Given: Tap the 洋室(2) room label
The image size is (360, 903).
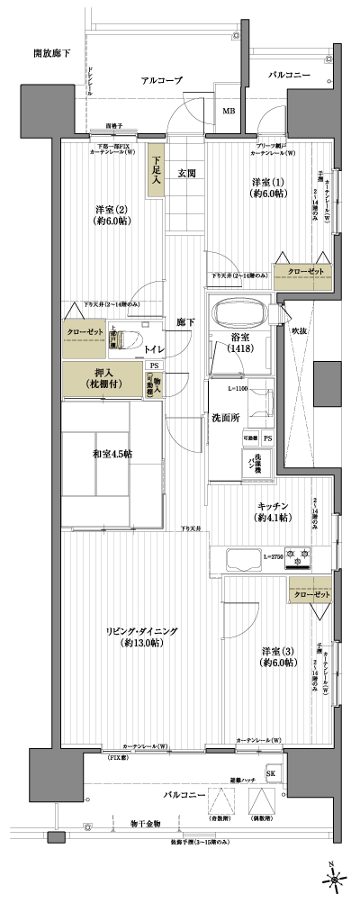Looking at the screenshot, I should coord(110,217).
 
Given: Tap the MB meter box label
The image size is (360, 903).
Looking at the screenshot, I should coord(229,112).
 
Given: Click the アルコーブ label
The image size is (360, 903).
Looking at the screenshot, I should coord(162,81).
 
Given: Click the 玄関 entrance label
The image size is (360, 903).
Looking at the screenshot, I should coord(186,173).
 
